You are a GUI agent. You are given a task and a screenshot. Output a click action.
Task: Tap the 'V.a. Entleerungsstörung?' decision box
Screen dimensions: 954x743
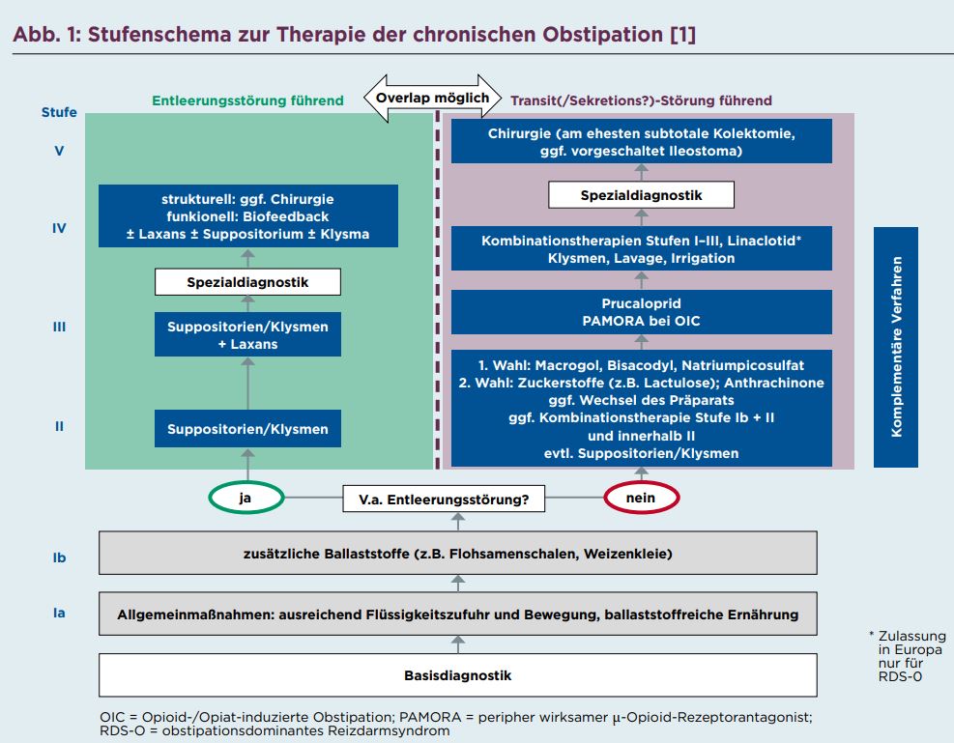coord(444,499)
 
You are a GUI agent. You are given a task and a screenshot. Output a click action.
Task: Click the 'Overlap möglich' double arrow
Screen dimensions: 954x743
coord(433,98)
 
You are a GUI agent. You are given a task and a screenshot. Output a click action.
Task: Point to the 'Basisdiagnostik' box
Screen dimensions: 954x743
coord(457,675)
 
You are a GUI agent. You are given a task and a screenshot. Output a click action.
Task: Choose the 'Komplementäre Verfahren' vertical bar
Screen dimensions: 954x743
coord(896,347)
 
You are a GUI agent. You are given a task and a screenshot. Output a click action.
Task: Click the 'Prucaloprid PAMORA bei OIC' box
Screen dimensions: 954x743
coord(641,312)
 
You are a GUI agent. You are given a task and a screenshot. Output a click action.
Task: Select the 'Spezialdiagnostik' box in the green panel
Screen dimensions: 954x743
coord(247,282)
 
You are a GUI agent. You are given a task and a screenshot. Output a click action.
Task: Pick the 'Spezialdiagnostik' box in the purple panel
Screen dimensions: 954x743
coord(641,194)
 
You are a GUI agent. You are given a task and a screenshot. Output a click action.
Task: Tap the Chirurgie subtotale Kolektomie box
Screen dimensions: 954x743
coord(641,141)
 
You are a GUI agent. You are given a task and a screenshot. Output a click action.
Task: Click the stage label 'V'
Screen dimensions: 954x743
coord(59,151)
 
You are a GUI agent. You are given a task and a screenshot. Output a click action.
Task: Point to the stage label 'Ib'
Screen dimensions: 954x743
coord(59,557)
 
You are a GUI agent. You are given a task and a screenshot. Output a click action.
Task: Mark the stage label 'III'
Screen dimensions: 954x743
coord(59,327)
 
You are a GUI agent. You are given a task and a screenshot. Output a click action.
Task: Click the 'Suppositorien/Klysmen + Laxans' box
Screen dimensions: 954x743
coord(247,334)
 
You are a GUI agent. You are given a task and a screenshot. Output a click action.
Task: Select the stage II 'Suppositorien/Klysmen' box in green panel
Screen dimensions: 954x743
coord(247,429)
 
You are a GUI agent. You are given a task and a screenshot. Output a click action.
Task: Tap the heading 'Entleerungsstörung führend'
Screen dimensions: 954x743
coord(247,100)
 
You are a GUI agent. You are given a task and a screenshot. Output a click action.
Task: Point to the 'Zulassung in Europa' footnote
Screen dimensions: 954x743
coord(908,656)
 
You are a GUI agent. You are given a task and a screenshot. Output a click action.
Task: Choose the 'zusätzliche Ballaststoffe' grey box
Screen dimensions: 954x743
coord(457,554)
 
